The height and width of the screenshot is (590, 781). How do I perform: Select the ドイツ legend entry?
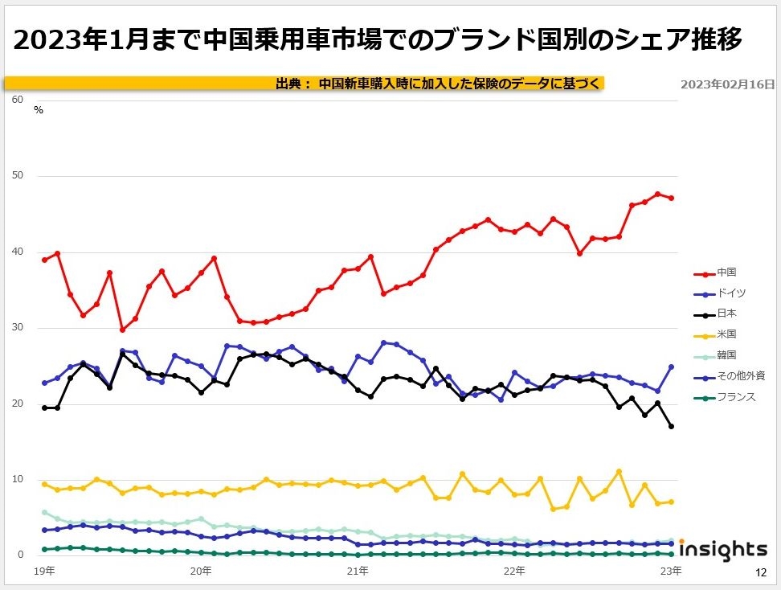click(730, 293)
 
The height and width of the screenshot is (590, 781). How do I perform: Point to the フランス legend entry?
click(735, 396)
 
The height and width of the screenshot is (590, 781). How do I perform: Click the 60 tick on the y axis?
click(18, 100)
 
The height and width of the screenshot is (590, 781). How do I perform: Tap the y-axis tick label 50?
click(18, 176)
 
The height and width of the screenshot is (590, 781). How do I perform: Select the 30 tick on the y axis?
click(18, 328)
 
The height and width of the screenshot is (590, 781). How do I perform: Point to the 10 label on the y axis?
click(18, 480)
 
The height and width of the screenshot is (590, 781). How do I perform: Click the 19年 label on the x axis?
click(45, 572)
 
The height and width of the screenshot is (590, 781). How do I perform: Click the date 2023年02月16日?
click(727, 84)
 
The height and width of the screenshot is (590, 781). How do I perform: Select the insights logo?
click(723, 550)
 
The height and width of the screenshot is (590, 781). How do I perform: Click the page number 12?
click(760, 572)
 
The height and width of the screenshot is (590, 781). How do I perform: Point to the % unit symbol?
click(39, 110)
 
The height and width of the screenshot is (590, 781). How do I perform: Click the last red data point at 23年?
click(671, 198)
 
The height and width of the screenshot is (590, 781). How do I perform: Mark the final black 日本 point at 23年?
click(671, 426)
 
